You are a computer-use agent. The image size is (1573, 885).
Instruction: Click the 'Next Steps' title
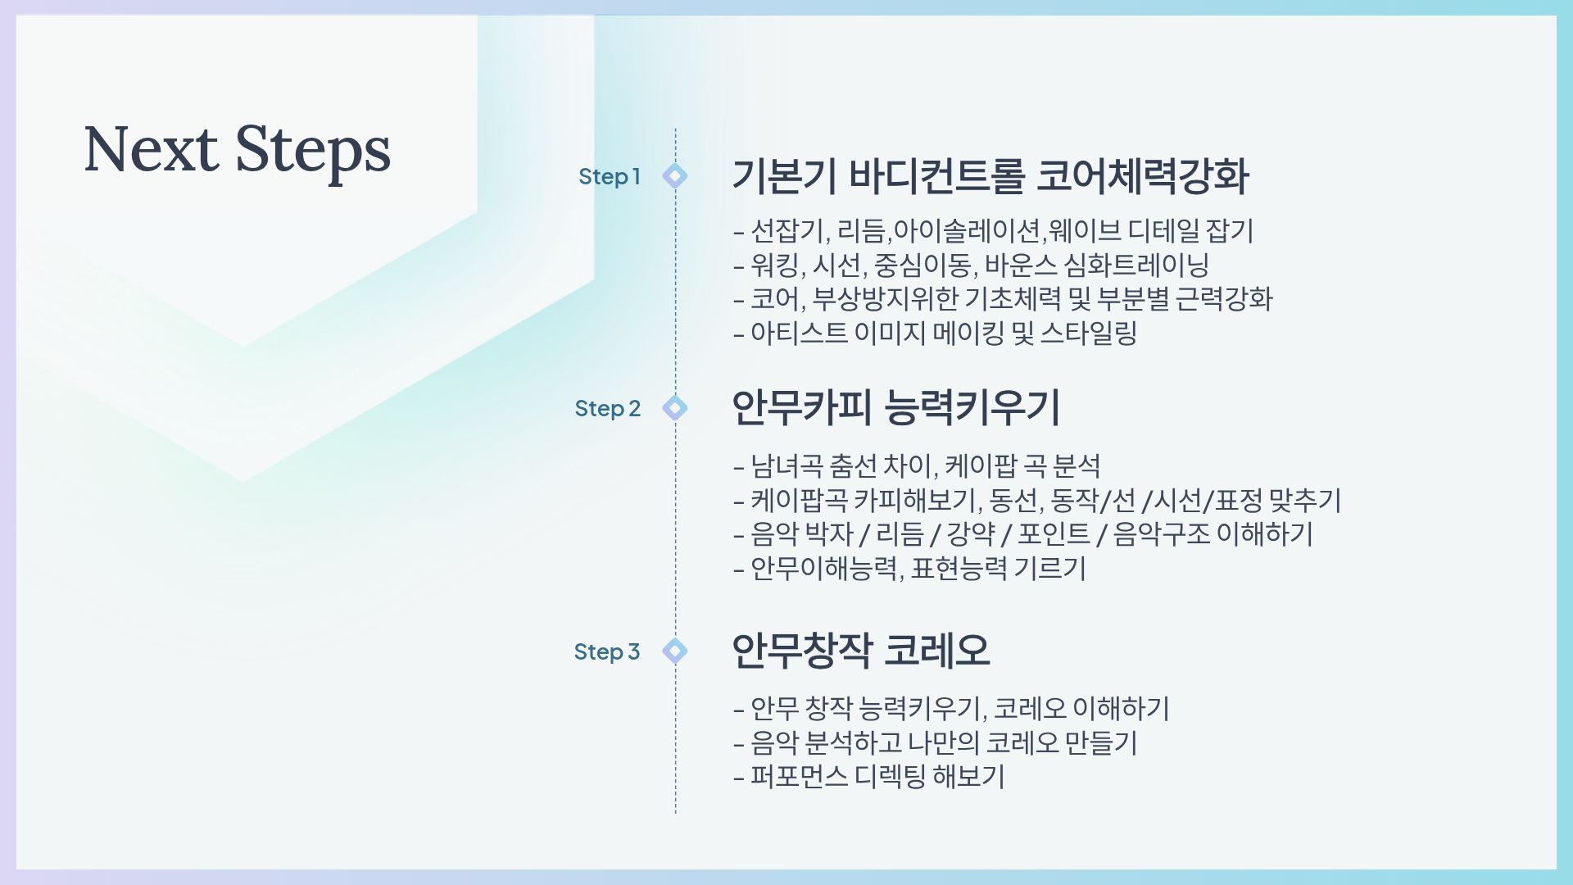tap(238, 150)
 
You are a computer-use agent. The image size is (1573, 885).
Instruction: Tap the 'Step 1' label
tap(609, 176)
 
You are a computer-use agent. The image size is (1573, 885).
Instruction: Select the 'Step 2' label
tap(607, 408)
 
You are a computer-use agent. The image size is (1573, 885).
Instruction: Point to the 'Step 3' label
tap(606, 651)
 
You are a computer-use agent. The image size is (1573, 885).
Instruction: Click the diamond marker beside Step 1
tap(675, 175)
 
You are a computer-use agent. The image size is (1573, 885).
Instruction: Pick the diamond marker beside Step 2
tap(675, 407)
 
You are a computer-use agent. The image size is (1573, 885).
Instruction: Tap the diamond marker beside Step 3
tap(675, 651)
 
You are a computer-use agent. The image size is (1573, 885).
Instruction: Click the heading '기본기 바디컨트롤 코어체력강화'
tap(990, 176)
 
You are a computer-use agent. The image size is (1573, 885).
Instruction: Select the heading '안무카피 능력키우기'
tap(895, 407)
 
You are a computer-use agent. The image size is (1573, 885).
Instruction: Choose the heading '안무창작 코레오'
tap(860, 651)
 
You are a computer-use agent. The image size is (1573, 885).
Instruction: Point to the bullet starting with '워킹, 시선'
tap(972, 265)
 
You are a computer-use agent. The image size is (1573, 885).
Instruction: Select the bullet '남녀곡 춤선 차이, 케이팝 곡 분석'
tap(917, 466)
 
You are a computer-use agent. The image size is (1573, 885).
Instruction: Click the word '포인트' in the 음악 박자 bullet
tap(1054, 534)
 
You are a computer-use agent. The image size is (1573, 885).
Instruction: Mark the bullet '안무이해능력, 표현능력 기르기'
tap(909, 569)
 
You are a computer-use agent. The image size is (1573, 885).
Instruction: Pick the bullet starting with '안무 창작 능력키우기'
tap(951, 709)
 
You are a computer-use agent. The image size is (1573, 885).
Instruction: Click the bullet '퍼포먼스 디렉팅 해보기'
tap(868, 777)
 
